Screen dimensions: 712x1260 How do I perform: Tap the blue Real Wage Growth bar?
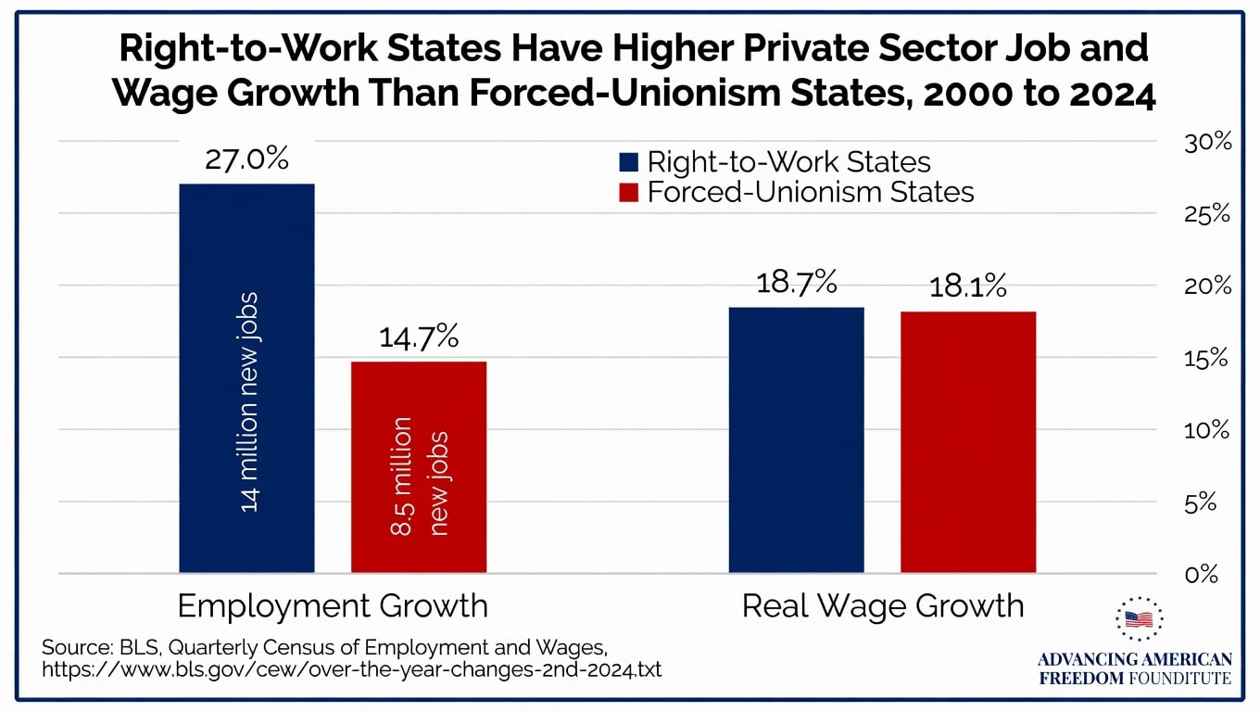pos(796,439)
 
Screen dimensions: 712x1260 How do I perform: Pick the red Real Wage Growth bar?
pos(967,441)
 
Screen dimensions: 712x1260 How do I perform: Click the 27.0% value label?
pos(246,159)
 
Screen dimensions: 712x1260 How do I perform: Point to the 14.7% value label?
pos(419,337)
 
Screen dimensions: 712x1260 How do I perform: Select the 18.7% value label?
pos(797,282)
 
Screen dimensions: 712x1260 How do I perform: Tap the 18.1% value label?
pos(967,286)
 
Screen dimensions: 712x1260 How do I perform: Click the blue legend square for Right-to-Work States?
pos(629,162)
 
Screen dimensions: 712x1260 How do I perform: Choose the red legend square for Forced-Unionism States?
pos(629,193)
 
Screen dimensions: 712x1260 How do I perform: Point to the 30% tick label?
pos(1208,142)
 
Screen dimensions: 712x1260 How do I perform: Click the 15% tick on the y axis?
pos(1208,359)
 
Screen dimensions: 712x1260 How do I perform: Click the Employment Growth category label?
pos(333,606)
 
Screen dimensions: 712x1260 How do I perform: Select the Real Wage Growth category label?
pos(883,606)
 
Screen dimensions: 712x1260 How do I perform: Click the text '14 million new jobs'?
pos(248,402)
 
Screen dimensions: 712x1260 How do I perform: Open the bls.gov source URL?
pos(352,669)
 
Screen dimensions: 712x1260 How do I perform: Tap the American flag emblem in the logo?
pos(1140,618)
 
